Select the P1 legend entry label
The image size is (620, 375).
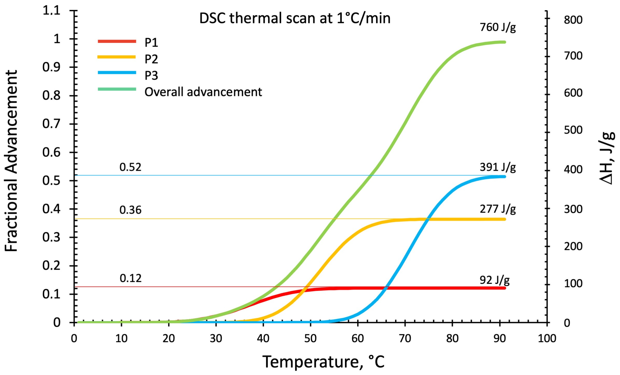click(151, 43)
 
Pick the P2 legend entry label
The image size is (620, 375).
click(151, 59)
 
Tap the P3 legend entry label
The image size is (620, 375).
click(151, 76)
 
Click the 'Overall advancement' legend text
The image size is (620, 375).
click(203, 92)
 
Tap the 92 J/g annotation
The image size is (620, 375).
click(494, 280)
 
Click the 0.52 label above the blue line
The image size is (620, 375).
click(130, 167)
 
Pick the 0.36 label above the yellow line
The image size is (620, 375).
click(130, 210)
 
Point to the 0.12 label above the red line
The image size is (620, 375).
click(130, 278)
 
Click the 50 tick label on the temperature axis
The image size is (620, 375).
click(310, 338)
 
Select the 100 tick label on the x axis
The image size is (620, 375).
click(547, 338)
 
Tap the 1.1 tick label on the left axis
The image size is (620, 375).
click(51, 11)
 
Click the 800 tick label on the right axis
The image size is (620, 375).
click(573, 20)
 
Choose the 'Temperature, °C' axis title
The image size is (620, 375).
click(323, 362)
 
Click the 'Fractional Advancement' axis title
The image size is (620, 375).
click(11, 161)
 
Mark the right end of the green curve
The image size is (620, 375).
click(504, 42)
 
